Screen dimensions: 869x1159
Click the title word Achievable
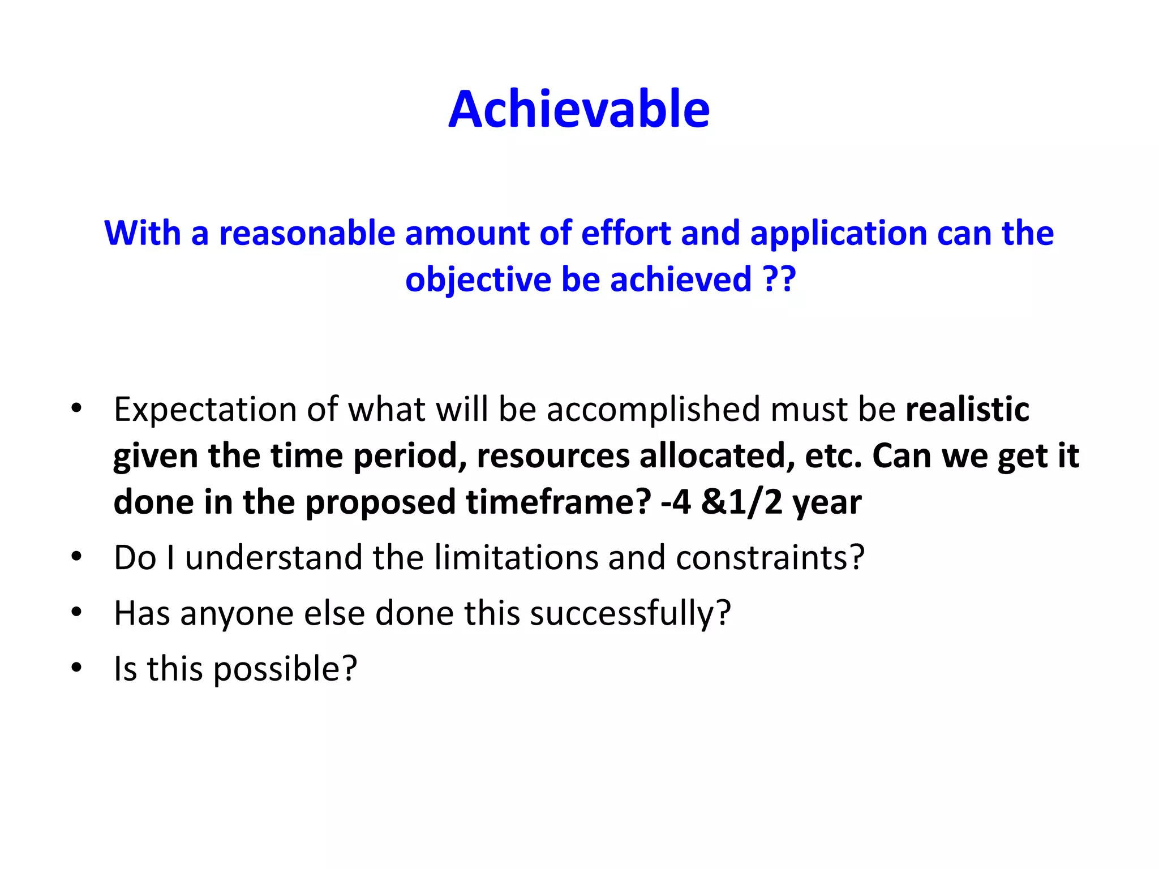(579, 110)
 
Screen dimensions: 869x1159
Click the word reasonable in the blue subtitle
(307, 233)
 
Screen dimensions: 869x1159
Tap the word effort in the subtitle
(625, 233)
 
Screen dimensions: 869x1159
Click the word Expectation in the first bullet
(205, 410)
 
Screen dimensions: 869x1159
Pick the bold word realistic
(967, 410)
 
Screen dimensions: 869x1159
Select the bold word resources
(553, 456)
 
